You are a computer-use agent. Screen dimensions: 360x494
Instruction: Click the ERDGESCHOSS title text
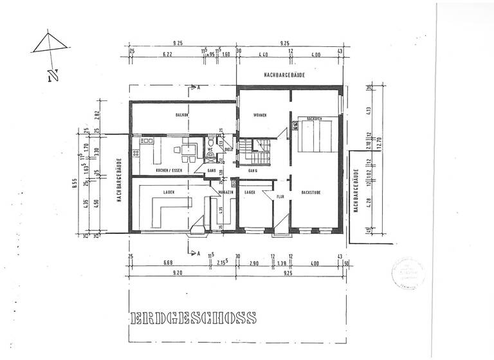(193, 318)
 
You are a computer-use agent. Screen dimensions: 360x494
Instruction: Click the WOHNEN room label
(260, 116)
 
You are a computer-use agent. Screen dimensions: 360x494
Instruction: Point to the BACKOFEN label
(314, 119)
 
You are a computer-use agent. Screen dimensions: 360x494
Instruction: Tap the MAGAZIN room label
(225, 192)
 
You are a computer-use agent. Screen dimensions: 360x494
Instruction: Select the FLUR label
(280, 197)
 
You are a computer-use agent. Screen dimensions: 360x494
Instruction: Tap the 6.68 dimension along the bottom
(169, 263)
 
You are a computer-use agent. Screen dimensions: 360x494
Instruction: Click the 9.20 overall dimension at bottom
(180, 273)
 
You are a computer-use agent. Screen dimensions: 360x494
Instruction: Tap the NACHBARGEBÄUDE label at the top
(284, 76)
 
